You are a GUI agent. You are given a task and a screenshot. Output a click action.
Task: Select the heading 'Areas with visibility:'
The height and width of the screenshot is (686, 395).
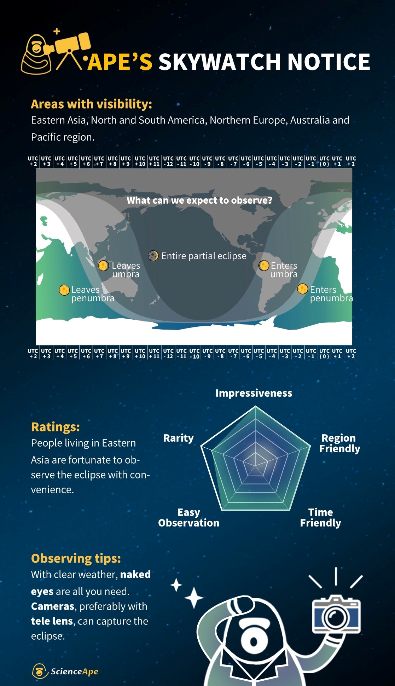(x=92, y=104)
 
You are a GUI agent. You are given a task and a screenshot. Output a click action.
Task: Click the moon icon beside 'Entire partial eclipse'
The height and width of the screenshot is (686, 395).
(x=153, y=255)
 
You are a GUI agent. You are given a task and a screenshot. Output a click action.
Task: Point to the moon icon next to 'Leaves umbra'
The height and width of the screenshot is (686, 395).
(x=103, y=266)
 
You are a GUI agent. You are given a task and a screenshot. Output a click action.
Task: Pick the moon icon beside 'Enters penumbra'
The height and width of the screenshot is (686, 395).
(x=302, y=289)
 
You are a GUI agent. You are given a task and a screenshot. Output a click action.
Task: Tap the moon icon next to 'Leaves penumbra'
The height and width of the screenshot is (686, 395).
(x=64, y=290)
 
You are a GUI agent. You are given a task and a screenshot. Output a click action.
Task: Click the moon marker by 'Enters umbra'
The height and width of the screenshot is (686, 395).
(x=263, y=266)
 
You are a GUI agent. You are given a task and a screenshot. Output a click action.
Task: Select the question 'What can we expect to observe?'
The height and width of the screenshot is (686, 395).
(x=199, y=200)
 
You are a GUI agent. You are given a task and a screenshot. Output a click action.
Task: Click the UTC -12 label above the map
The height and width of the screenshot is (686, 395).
(x=168, y=161)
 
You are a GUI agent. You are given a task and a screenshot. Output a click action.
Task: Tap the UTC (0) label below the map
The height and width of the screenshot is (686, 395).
(x=324, y=354)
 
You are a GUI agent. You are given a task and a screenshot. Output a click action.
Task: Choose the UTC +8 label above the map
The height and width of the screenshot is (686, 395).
(x=112, y=161)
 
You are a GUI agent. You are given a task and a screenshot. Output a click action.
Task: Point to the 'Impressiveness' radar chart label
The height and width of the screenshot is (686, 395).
(x=254, y=393)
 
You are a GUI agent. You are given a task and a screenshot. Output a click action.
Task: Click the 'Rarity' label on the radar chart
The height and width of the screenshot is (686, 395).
(x=179, y=438)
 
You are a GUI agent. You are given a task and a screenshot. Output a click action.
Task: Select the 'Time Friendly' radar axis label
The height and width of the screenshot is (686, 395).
(x=321, y=517)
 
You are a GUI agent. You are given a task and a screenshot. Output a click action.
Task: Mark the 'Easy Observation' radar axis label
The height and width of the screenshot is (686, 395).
(x=189, y=517)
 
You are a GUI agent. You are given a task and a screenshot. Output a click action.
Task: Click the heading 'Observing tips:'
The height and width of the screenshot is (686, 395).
(x=76, y=558)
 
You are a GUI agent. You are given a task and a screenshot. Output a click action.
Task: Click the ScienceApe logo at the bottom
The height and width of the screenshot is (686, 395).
(x=65, y=671)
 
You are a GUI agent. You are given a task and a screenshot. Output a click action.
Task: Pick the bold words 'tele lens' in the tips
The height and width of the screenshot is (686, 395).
(x=52, y=621)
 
